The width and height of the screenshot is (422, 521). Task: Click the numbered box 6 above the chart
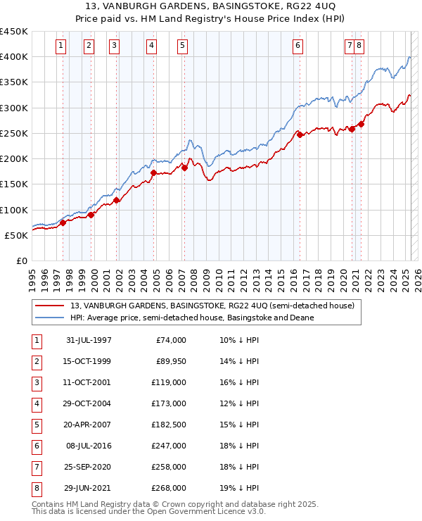[298, 46]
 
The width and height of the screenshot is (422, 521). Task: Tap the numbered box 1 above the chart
[61, 46]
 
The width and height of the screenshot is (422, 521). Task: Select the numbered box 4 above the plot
[151, 46]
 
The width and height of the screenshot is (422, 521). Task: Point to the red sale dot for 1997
[63, 222]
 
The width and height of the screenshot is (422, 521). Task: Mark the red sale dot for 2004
[153, 172]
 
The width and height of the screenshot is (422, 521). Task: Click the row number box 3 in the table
[36, 383]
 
